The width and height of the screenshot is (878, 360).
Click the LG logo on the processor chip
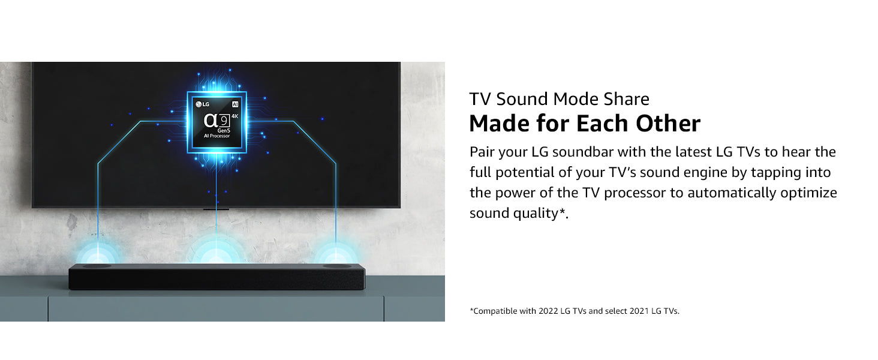click(x=203, y=104)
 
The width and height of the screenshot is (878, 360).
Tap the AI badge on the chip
click(x=235, y=104)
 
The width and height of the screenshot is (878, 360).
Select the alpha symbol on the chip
click(x=211, y=121)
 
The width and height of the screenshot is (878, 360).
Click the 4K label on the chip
click(x=234, y=116)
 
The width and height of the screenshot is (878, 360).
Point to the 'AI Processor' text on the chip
click(x=217, y=136)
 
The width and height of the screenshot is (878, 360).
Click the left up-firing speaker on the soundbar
click(x=97, y=266)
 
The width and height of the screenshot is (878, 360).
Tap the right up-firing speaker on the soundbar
click(x=336, y=266)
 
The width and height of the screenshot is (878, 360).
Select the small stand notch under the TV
click(x=216, y=209)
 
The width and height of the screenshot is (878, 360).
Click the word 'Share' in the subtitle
click(x=626, y=99)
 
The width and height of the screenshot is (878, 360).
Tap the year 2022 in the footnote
click(x=548, y=311)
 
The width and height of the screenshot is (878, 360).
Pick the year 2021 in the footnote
click(x=639, y=311)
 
